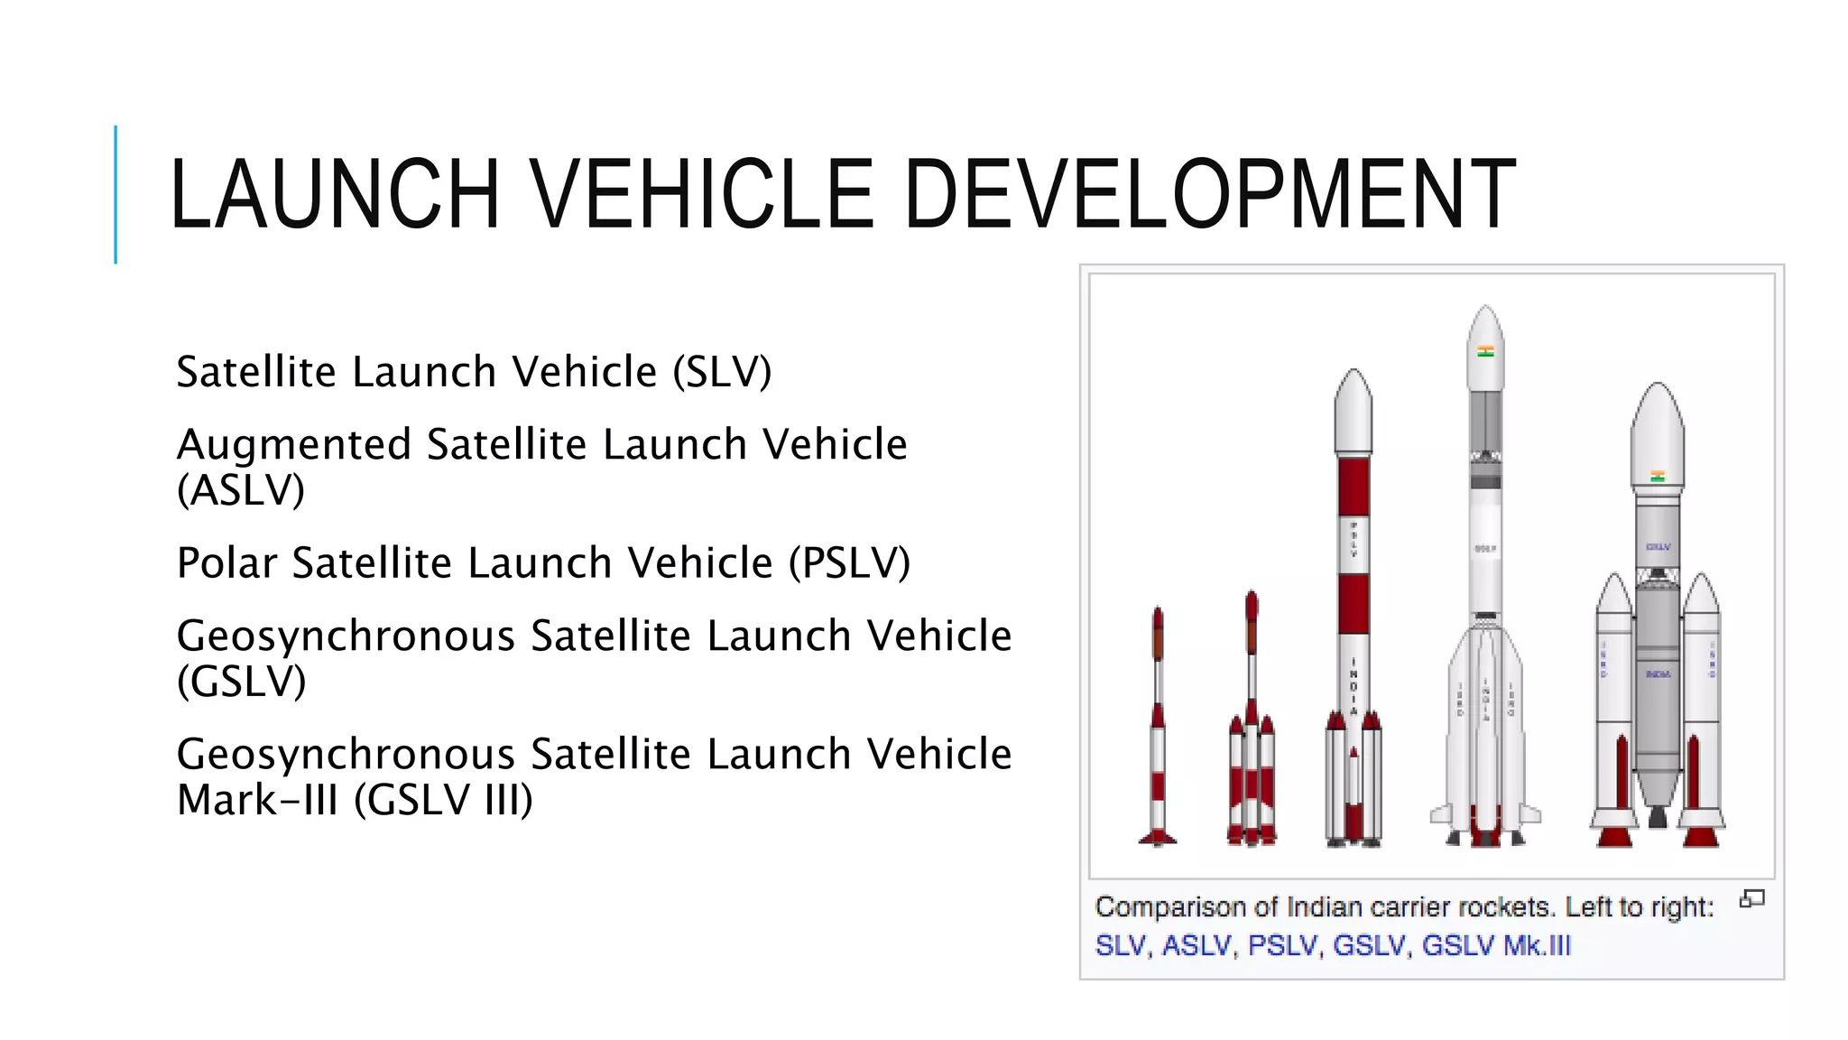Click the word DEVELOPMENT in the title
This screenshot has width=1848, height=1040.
pos(1209,193)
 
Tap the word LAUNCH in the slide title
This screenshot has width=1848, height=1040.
pos(334,193)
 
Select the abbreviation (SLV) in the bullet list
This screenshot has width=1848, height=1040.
pos(722,372)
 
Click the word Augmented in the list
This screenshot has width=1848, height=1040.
pos(294,445)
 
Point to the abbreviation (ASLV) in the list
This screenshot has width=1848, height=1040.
pos(241,490)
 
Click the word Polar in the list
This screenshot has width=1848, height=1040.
pos(226,563)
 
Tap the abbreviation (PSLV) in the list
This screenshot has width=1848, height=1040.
pos(849,563)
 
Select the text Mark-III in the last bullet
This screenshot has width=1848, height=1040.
pos(257,800)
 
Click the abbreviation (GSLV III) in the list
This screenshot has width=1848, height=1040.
pos(443,800)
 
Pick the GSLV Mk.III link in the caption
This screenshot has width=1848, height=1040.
pos(1496,945)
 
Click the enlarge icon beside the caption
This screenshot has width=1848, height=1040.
pos(1751,899)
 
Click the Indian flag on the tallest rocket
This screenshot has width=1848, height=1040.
pos(1485,351)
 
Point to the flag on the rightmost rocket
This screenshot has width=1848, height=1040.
pos(1658,476)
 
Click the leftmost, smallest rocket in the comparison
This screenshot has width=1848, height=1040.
pos(1158,731)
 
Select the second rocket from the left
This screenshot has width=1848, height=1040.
pos(1252,731)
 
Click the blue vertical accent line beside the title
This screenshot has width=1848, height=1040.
pos(115,194)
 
